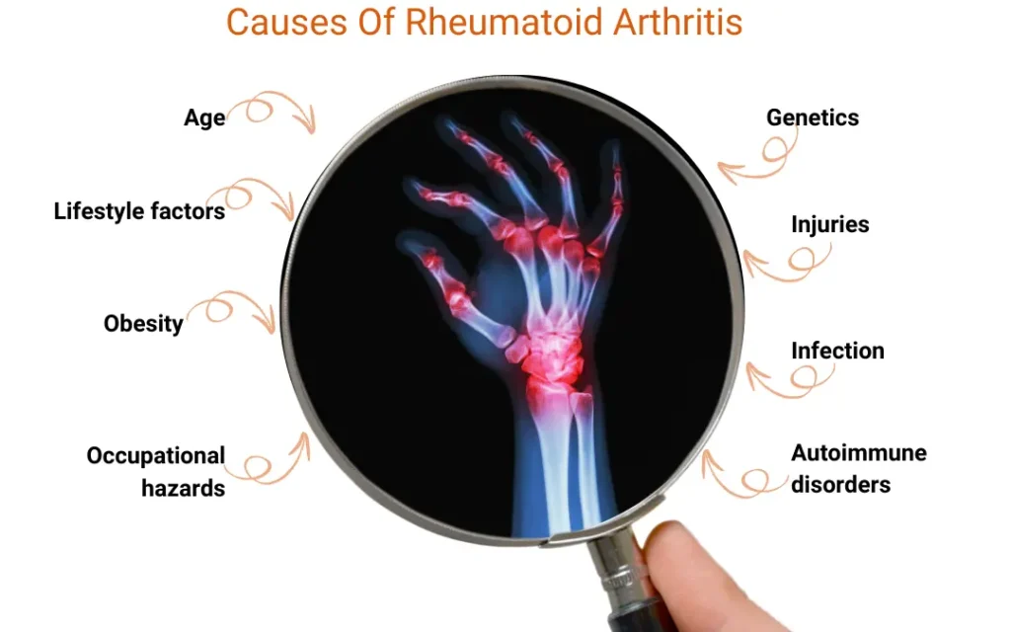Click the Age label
pos(204,118)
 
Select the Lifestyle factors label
pos(139,210)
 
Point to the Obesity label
pos(143,323)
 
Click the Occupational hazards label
pos(156,471)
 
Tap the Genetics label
pos(813,118)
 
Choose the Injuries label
pos(830,224)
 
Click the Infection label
pos(837,351)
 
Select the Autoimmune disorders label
pos(858,468)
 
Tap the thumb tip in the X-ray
pos(431,260)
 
